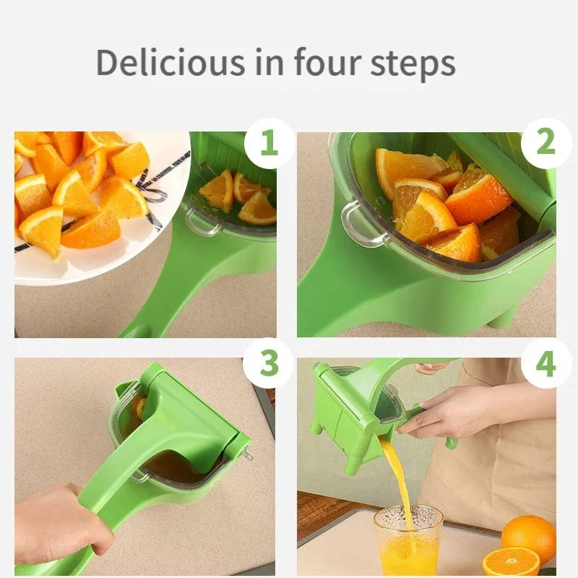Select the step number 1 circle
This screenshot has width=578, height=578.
(269, 143)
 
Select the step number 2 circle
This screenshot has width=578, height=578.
(545, 143)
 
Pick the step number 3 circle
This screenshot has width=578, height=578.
(269, 363)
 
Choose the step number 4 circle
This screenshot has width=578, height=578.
(545, 363)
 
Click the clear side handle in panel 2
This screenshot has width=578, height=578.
(354, 224)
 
